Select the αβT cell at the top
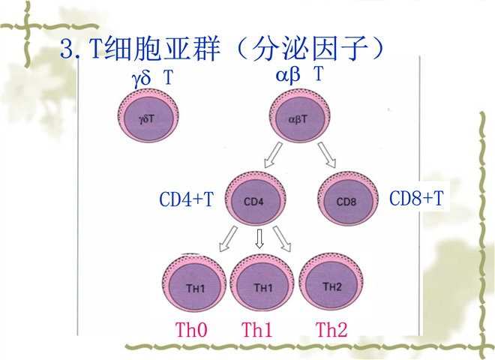(298, 118)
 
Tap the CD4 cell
(253, 200)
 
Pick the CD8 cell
(347, 200)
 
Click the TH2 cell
(331, 285)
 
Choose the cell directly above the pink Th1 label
(262, 285)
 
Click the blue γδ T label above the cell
(154, 76)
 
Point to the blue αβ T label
(300, 74)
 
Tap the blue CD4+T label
(186, 199)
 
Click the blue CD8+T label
(417, 199)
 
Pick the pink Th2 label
(331, 328)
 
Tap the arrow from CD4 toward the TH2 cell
(282, 239)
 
